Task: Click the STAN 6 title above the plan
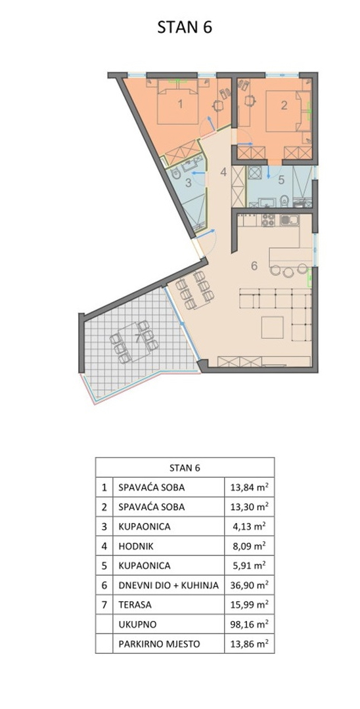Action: pos(185,27)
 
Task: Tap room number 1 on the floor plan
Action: pos(180,105)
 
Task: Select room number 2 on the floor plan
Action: pos(284,105)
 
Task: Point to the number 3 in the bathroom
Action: pos(188,183)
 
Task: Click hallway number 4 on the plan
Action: pos(223,172)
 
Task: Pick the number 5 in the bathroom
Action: pos(281,181)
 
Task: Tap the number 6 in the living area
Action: pos(254,266)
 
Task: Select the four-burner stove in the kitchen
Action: pos(269,220)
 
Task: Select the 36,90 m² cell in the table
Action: pos(249,585)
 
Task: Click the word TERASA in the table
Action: pos(135,605)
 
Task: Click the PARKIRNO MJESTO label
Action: pos(159,644)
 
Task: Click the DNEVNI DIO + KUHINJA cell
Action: pos(169,585)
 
